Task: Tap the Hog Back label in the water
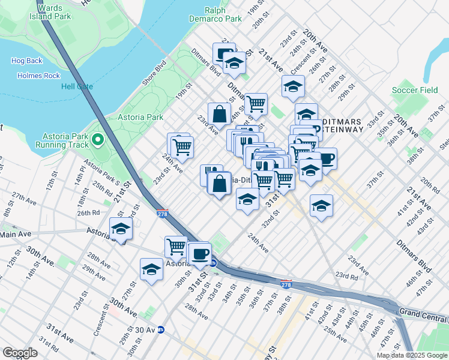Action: click(x=26, y=61)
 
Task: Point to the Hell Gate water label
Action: click(x=77, y=86)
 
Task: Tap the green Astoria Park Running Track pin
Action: click(x=98, y=140)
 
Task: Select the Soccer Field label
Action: click(x=415, y=90)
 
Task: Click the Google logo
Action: click(x=20, y=352)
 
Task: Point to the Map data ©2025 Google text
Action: click(x=412, y=355)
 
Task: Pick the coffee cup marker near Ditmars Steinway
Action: click(x=326, y=158)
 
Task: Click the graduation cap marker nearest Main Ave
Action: click(x=121, y=229)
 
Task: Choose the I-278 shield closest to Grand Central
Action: click(x=287, y=283)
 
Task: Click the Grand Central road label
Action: click(x=423, y=312)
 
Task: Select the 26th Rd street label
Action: click(x=88, y=213)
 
